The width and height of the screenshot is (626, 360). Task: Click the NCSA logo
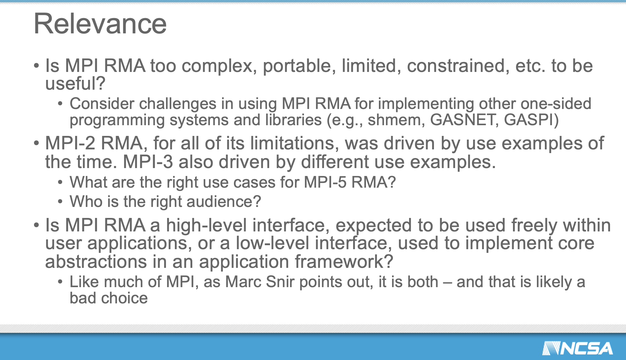(x=577, y=348)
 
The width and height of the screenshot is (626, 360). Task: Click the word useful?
(x=75, y=83)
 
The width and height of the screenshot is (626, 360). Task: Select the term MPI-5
(x=325, y=182)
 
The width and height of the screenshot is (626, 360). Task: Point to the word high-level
(x=206, y=225)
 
